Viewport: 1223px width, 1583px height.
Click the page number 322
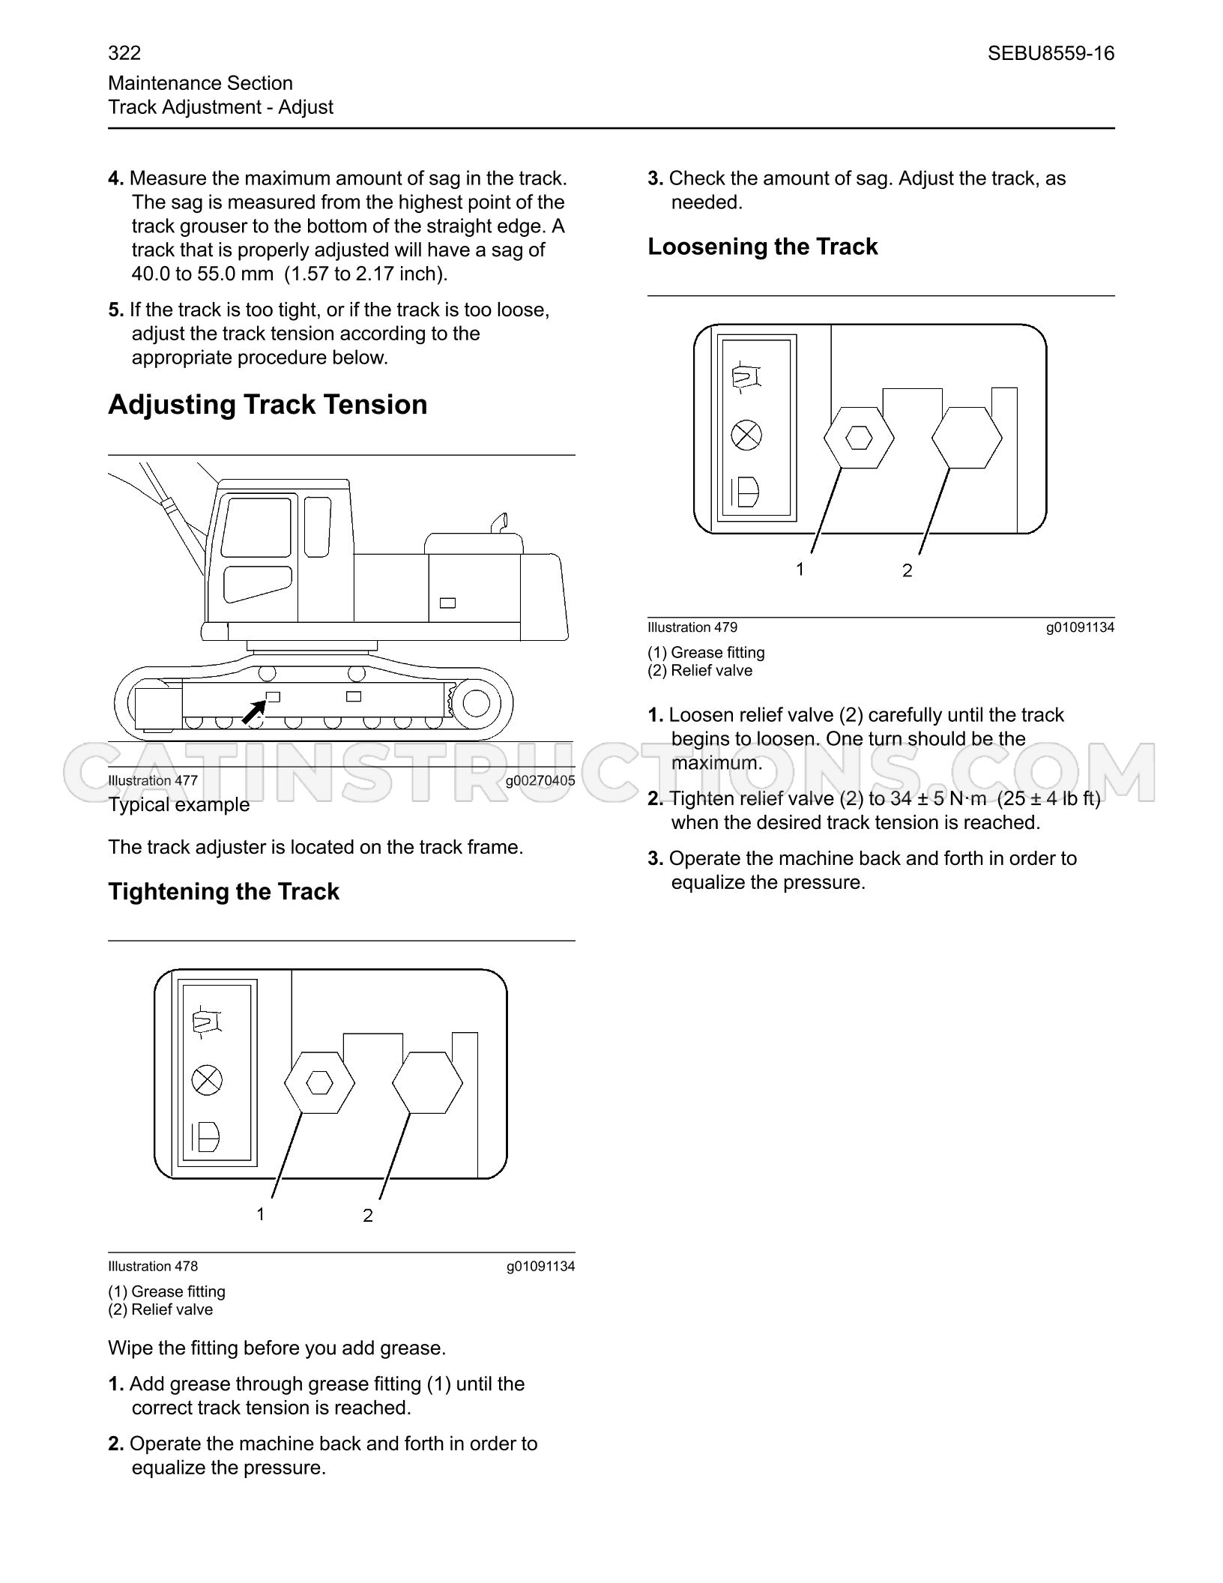pos(124,53)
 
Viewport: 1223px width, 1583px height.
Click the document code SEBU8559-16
pos(1051,53)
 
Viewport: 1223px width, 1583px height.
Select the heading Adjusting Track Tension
pos(268,405)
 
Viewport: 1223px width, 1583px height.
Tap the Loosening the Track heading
pos(762,247)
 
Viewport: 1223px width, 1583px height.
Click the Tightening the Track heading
pos(223,891)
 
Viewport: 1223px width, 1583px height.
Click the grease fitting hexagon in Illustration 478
pos(319,1082)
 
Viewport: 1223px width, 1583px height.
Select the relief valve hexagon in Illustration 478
pos(427,1082)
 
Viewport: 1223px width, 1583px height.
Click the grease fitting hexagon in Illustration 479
pos(859,438)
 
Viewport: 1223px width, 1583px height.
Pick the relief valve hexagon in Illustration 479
pos(967,438)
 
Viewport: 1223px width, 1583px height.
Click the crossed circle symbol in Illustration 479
pos(746,435)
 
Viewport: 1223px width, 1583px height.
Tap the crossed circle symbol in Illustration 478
pos(207,1080)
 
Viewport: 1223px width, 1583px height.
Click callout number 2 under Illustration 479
pos(907,571)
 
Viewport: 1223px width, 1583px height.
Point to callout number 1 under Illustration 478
pos(261,1213)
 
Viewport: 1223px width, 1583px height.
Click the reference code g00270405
pos(540,781)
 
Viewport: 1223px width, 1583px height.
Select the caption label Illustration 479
pos(692,627)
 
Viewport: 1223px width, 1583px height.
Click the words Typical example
pos(179,804)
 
